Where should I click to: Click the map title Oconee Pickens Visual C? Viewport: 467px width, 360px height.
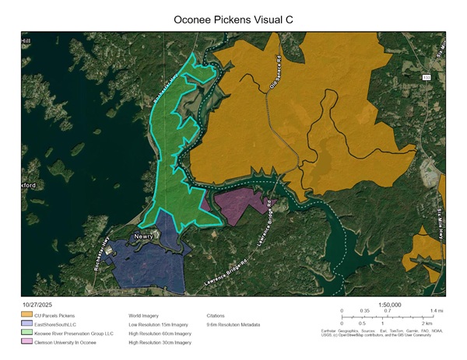233,16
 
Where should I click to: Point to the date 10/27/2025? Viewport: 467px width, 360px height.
37,306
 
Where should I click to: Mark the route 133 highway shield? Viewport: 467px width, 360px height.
427,78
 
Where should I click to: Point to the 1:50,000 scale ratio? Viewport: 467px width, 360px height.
389,306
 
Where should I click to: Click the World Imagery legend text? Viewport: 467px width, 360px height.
146,316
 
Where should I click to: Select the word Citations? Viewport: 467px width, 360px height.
216,316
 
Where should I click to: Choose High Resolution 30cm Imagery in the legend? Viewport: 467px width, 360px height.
160,342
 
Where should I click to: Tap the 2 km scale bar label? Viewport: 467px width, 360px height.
427,323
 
